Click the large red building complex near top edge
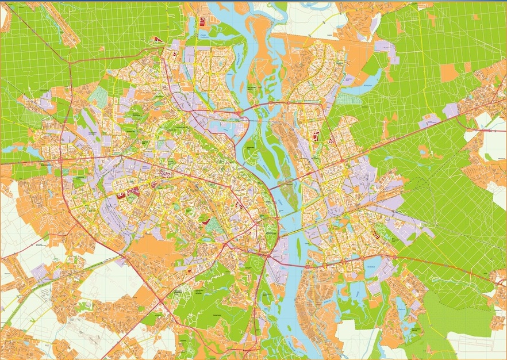coord(202,22)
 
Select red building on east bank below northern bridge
coord(315,137)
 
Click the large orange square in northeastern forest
coord(448,72)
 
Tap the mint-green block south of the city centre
coord(214,225)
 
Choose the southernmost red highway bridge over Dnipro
coord(293,266)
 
